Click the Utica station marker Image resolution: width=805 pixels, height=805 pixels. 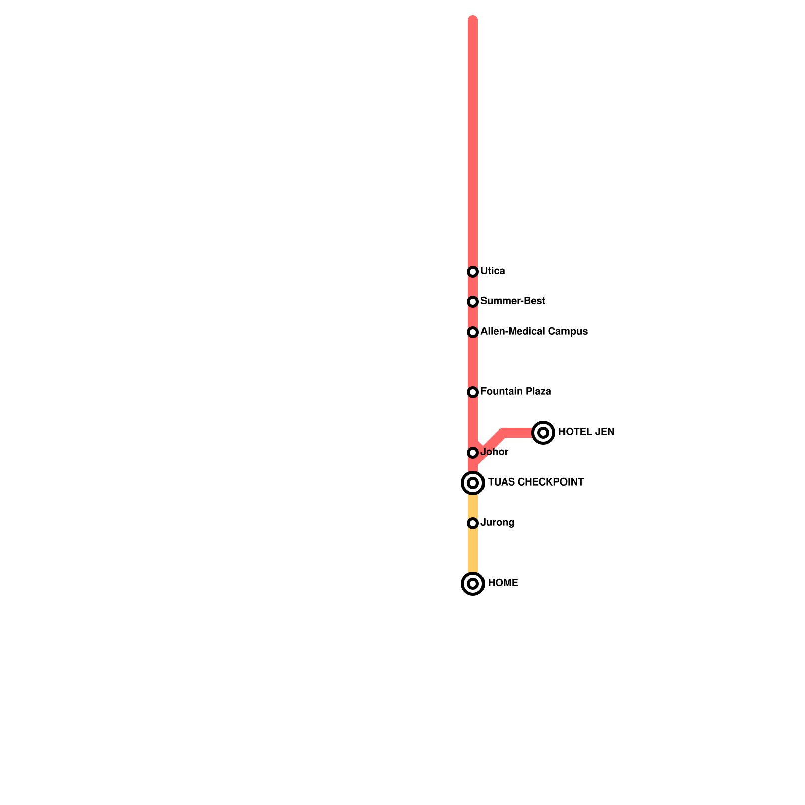coord(473,272)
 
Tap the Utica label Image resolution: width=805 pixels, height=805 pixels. coord(493,271)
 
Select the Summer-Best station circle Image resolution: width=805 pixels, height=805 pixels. coord(473,302)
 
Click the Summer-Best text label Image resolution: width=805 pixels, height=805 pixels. coord(513,301)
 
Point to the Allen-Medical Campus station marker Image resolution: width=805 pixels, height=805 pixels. coord(473,332)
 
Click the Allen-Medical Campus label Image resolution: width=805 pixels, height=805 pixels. coord(534,332)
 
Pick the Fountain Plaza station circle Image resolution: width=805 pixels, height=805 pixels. coord(473,392)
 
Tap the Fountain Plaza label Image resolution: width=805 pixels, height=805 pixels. coord(516,392)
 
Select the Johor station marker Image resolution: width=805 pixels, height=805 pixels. coord(473,453)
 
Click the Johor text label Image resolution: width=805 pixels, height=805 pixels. coord(495,452)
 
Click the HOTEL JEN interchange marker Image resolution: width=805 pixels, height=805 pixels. coord(543,433)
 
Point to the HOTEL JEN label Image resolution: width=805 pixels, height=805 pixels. coord(586,432)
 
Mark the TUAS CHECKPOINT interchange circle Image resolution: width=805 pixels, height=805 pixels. coord(473,483)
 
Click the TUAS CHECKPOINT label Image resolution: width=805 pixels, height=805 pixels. coord(536,482)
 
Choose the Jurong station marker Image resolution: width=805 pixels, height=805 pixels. coord(473,523)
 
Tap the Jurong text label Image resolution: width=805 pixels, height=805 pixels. coord(497,523)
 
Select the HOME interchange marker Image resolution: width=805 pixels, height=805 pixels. coord(473,584)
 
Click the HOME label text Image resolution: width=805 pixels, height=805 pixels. coord(503,583)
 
